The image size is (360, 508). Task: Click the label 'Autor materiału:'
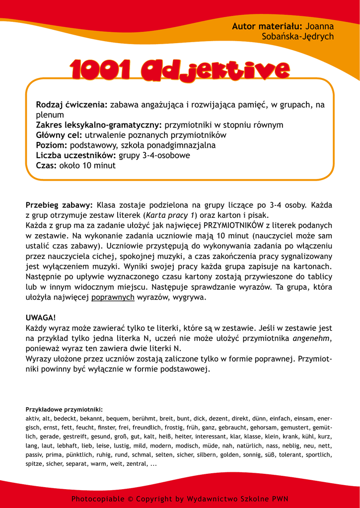267,26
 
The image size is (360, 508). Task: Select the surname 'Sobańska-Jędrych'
297,37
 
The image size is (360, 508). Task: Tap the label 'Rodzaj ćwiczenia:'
72,105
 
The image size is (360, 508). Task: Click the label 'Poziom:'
52,145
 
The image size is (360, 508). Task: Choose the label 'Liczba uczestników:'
76,155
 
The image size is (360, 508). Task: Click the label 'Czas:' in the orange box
46,166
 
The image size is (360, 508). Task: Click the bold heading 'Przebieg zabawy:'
59,205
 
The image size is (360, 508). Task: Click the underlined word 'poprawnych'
113,298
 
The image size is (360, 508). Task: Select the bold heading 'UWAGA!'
41,317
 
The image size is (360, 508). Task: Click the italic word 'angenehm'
312,338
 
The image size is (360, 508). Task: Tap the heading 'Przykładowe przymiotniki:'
64,409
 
